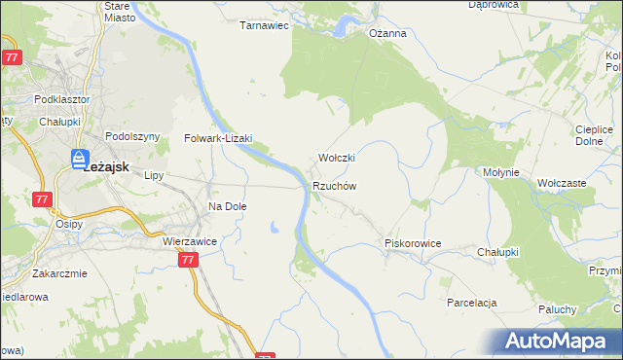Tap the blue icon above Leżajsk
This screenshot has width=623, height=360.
(x=79, y=157)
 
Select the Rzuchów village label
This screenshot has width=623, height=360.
(x=336, y=186)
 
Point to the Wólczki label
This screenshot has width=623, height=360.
(x=337, y=158)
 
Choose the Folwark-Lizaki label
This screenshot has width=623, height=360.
(x=218, y=139)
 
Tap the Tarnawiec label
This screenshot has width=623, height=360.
(x=265, y=26)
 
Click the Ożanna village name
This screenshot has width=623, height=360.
(x=387, y=32)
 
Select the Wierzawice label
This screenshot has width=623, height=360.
(x=189, y=240)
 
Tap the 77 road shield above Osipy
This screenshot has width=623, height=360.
(x=42, y=199)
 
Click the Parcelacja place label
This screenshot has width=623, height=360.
(x=472, y=303)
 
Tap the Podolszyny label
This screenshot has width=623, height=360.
(x=131, y=137)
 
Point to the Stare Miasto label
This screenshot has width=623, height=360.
(x=121, y=11)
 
